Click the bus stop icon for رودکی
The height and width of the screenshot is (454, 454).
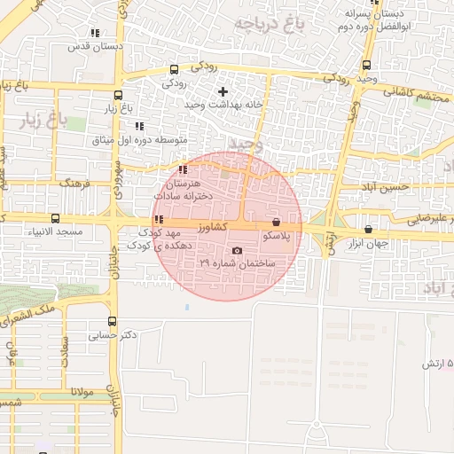tap(173, 70)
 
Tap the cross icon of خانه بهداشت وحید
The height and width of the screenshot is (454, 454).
tap(223, 91)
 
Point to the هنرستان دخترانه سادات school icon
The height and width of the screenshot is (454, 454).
tap(183, 169)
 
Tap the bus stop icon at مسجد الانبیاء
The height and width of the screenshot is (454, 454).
tap(56, 218)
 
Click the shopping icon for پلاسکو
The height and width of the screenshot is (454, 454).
tap(276, 223)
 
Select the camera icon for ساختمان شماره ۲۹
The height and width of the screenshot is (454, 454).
tap(236, 251)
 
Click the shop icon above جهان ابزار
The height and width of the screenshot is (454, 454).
tap(368, 230)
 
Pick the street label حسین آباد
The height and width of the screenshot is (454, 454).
tap(386, 187)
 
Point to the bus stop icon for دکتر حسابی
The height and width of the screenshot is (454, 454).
tap(112, 322)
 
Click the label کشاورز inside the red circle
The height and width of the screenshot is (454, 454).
tap(211, 228)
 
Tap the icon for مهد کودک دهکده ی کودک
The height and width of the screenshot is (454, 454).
tap(159, 220)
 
